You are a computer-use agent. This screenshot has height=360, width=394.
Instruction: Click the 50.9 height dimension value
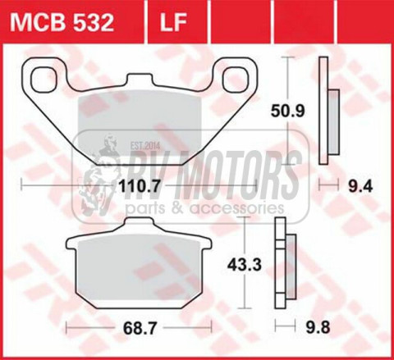click(x=287, y=107)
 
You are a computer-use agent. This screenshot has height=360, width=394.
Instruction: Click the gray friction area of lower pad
click(x=140, y=275)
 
